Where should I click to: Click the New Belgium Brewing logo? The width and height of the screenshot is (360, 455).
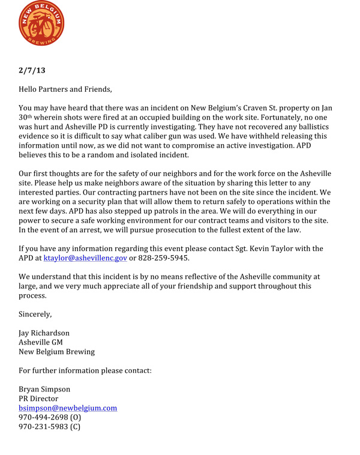pos(41,25)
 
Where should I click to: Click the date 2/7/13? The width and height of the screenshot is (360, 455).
pos(32,70)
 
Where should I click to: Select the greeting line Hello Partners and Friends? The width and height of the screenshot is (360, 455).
pos(65,89)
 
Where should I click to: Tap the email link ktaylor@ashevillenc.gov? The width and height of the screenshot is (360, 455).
pos(85,258)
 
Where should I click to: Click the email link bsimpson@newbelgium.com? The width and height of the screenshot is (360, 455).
pos(68,408)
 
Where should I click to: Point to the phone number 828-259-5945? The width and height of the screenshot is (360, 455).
pos(164,258)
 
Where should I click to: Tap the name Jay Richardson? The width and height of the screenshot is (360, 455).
pos(44,333)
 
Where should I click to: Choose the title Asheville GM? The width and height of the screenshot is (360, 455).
pos(41,342)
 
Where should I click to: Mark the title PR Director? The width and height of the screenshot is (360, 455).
pos(38,399)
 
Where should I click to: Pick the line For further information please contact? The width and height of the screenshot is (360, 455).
pos(85,370)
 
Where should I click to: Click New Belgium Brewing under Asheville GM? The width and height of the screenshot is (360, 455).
pos(56,352)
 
